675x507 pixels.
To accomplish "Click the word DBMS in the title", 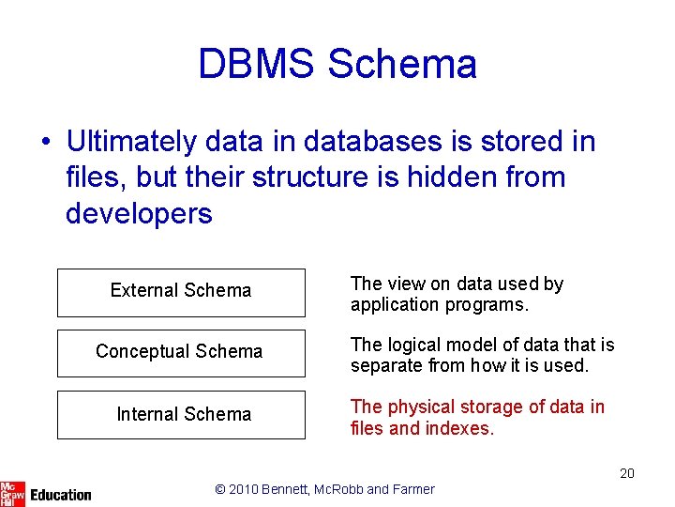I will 256,64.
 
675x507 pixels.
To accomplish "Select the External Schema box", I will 181,292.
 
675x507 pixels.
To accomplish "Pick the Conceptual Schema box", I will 181,353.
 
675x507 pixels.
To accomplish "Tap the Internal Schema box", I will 181,415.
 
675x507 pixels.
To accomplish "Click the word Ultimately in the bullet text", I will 132,142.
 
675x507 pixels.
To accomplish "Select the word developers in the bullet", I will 139,213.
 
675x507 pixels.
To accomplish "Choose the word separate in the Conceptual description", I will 385,366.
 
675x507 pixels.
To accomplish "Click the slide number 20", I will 626,473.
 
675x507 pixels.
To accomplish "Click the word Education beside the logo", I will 61,494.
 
